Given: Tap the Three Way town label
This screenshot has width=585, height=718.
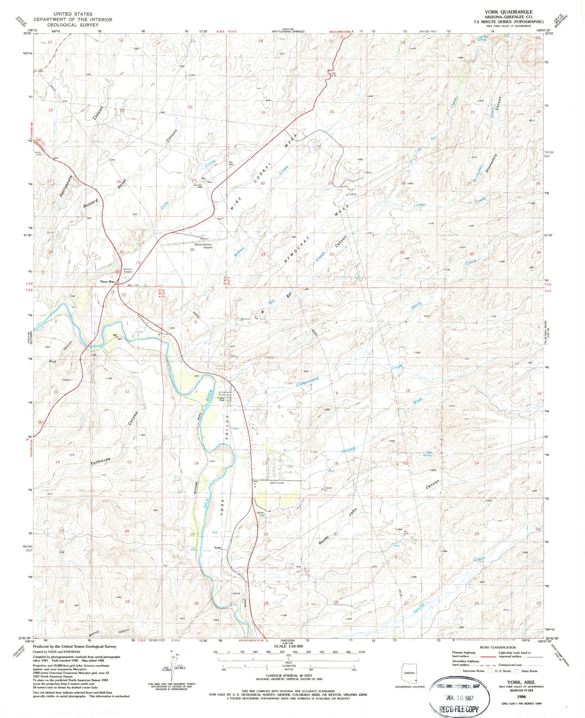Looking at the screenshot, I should click(x=107, y=282).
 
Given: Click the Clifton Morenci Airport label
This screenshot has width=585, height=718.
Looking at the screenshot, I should click(x=203, y=246).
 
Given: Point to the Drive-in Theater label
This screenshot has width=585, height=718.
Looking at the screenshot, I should click(x=128, y=270).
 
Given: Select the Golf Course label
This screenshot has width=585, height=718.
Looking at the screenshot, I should click(x=277, y=483).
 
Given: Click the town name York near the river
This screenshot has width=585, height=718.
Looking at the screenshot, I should click(x=217, y=548).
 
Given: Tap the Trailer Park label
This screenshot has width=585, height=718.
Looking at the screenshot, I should click(x=221, y=399).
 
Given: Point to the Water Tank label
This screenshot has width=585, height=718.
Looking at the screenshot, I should click(x=261, y=514).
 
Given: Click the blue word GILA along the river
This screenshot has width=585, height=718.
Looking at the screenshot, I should click(x=206, y=503).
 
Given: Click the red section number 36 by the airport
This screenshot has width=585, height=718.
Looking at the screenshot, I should click(x=192, y=249).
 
